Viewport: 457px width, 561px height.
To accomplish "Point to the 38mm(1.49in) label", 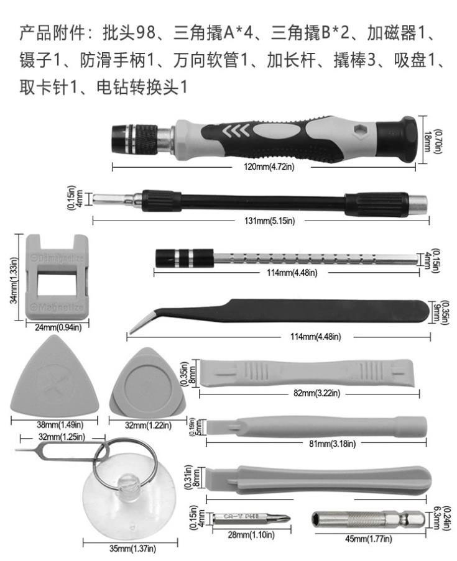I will (x=48, y=425).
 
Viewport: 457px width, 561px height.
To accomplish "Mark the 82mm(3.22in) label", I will (x=308, y=393).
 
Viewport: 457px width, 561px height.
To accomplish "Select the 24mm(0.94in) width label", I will (x=57, y=327).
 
